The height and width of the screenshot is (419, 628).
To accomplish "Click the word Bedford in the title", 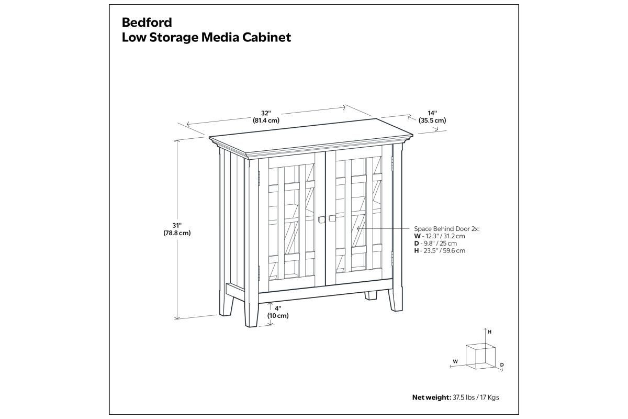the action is click(x=147, y=23).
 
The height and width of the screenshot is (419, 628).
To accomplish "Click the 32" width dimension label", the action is click(x=266, y=113).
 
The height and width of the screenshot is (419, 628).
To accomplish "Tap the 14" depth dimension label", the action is click(x=432, y=113).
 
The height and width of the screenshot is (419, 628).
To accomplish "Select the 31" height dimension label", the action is click(x=177, y=225).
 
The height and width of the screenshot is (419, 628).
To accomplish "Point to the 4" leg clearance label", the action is click(x=278, y=308).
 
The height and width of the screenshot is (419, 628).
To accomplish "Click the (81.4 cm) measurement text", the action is click(x=266, y=120).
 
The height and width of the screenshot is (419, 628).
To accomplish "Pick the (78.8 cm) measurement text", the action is click(x=177, y=233).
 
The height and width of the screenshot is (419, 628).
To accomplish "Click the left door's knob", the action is click(x=321, y=219).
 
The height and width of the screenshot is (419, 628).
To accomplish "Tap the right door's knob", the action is click(x=332, y=218).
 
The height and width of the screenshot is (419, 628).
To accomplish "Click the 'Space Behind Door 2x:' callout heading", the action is click(x=447, y=229).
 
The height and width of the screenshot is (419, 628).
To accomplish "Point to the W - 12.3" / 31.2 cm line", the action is click(x=440, y=236).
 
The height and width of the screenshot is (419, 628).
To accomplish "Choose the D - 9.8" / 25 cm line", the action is click(x=435, y=244).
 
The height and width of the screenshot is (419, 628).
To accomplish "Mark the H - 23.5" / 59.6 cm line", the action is click(x=440, y=250).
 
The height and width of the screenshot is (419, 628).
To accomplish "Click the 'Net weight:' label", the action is click(x=432, y=397).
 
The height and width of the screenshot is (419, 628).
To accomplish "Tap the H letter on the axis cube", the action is click(x=489, y=332).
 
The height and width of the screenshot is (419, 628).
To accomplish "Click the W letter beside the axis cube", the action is click(x=455, y=361).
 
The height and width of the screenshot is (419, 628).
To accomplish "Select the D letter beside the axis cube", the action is click(x=502, y=365).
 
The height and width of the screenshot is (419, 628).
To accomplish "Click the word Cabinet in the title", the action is click(x=266, y=37).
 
